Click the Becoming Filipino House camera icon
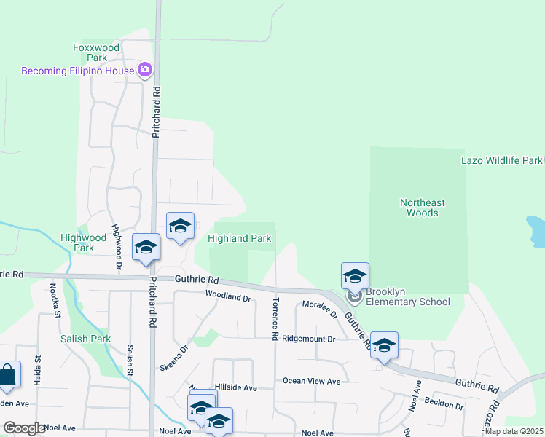point(144,70)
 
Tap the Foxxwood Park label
point(96,52)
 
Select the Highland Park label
point(239,238)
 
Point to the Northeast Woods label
point(422,208)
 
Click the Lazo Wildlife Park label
point(502,160)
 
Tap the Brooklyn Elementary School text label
point(408,302)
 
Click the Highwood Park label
point(83,243)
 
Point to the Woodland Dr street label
point(227,298)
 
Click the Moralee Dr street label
point(320,309)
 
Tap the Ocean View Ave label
point(311,381)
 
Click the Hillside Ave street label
point(236,388)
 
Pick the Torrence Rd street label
point(275,318)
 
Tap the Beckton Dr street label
point(444,404)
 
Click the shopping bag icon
point(7,375)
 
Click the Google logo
point(24,428)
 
